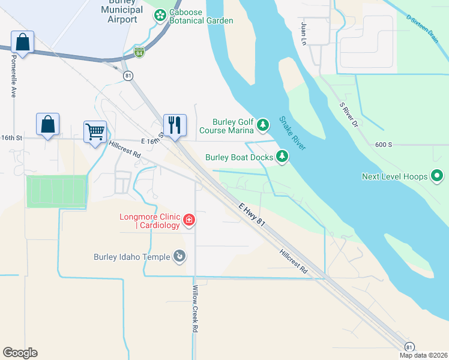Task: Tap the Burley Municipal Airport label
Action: [122, 11]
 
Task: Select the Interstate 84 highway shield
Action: [139, 53]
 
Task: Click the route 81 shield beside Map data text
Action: [409, 347]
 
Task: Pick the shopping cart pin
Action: [95, 131]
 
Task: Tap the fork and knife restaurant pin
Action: [175, 125]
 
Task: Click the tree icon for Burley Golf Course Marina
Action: [262, 125]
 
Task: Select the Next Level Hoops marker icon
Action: [437, 176]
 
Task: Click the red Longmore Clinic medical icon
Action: [189, 220]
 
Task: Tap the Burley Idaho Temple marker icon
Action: [178, 257]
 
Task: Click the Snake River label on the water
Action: [292, 133]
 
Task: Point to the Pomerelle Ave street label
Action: [13, 77]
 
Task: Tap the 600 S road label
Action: [384, 145]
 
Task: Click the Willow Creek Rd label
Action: [195, 308]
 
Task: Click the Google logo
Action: [20, 353]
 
